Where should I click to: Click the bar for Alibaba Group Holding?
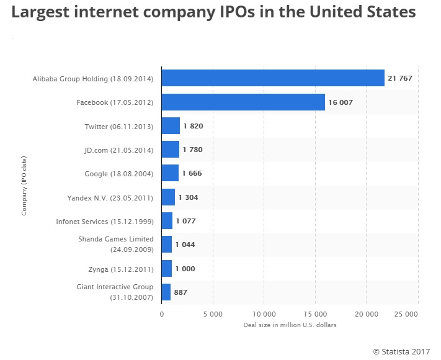[x=273, y=78]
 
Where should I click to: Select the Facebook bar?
[x=243, y=102]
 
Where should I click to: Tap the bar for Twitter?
[x=171, y=126]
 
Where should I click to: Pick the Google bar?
[x=170, y=173]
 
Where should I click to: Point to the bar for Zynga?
[x=167, y=268]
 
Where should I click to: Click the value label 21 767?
[x=400, y=78]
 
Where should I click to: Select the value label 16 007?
[x=341, y=102]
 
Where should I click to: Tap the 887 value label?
[x=180, y=292]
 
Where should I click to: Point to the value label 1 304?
[x=188, y=197]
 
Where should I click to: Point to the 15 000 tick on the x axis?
[x=314, y=313]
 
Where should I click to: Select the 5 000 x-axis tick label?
[x=213, y=313]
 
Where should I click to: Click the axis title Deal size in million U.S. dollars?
[x=289, y=325]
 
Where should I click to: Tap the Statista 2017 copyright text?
[x=403, y=351]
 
